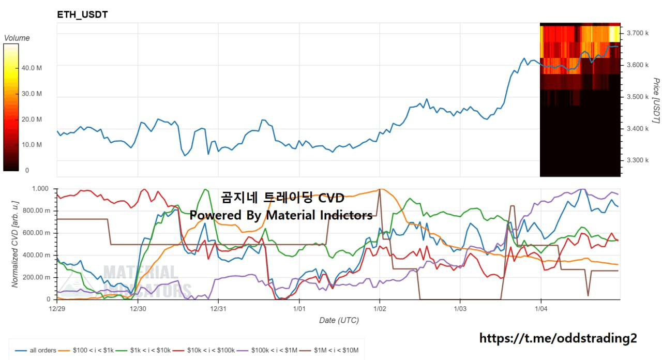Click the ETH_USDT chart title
[x=82, y=15]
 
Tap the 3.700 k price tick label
[x=637, y=33]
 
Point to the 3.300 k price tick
[x=637, y=160]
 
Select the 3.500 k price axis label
[x=637, y=97]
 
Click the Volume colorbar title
[x=17, y=38]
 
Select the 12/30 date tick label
[x=138, y=309]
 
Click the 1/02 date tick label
[x=380, y=309]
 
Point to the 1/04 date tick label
[x=541, y=309]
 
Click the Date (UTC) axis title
[x=339, y=320]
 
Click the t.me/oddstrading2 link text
[x=559, y=338]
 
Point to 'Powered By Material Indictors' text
[x=281, y=215]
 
